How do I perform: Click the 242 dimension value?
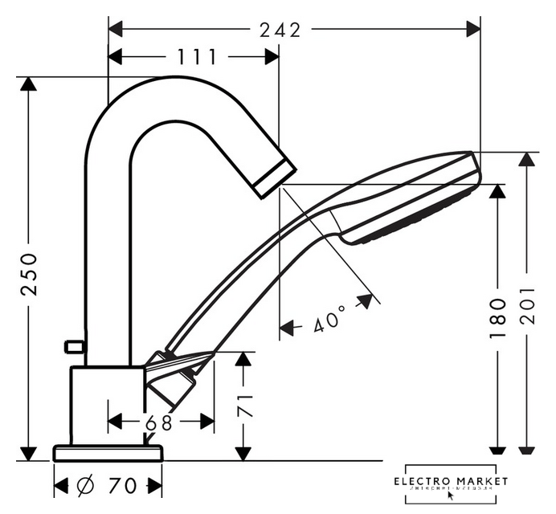coord(280,30)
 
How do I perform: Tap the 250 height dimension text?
coord(29,274)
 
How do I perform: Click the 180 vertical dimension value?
coord(498,316)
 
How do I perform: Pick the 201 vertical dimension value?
coord(526,305)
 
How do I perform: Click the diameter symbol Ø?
coord(87,485)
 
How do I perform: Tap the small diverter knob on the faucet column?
coord(74,347)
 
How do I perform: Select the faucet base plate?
coord(108,453)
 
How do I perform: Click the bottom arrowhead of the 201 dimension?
coord(526,450)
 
